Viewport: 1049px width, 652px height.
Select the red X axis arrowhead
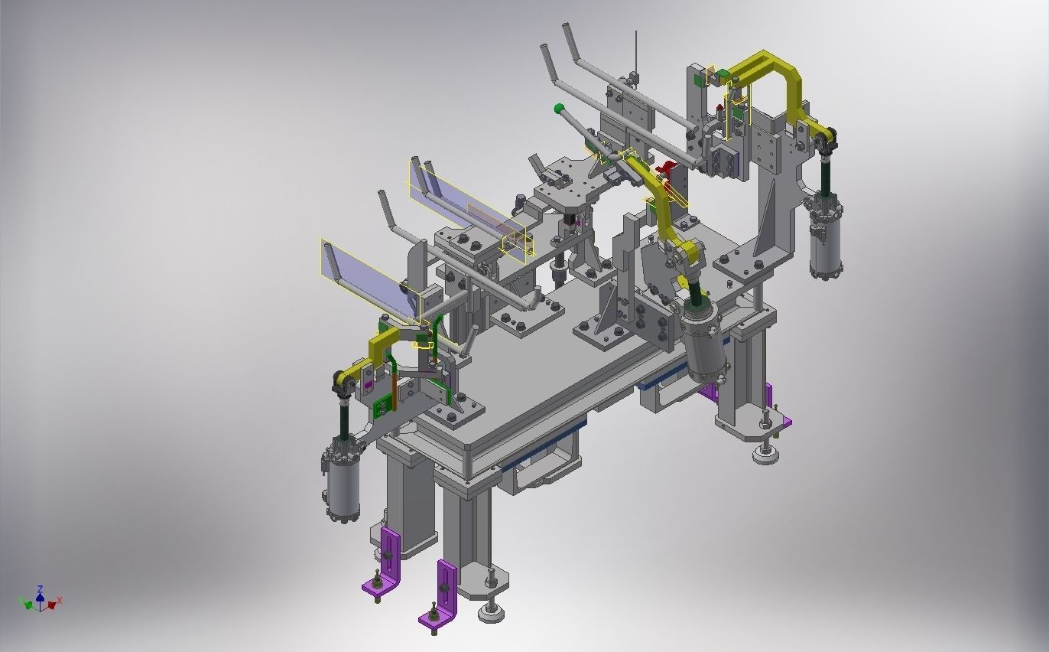(x=52, y=605)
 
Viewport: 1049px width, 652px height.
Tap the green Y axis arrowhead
(x=28, y=605)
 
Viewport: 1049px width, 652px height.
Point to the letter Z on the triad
(x=40, y=588)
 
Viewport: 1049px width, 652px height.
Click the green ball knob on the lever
(x=559, y=109)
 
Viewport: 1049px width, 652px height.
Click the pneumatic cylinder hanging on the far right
(x=826, y=237)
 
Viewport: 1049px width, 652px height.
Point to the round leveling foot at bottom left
(x=491, y=611)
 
